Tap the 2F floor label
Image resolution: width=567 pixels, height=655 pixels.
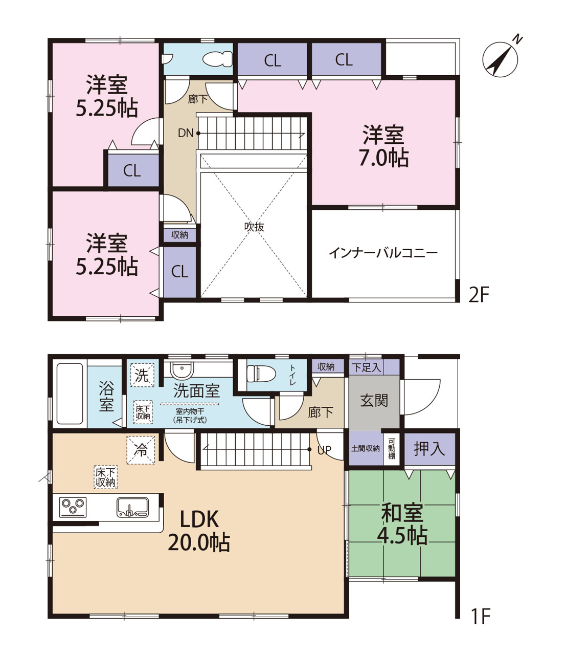click(x=479, y=295)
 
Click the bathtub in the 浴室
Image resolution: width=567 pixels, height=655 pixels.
click(x=70, y=394)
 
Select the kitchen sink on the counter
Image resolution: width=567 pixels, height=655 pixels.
click(x=132, y=507)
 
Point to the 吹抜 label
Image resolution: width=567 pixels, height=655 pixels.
click(x=254, y=227)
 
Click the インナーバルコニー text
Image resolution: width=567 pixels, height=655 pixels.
click(x=383, y=253)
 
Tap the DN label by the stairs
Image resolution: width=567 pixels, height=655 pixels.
click(x=186, y=133)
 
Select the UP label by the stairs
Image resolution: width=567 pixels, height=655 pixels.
click(x=324, y=450)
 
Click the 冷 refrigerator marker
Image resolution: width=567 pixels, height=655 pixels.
click(x=141, y=450)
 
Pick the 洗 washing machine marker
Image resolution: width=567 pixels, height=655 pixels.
click(x=142, y=375)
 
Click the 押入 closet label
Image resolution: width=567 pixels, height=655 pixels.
click(x=429, y=448)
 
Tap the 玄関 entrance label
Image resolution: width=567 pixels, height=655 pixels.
click(x=374, y=400)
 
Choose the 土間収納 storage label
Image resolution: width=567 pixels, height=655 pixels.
click(x=366, y=448)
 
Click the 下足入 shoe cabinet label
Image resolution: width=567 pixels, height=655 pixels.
click(x=366, y=367)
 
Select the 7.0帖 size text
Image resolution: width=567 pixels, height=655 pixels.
click(x=383, y=158)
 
